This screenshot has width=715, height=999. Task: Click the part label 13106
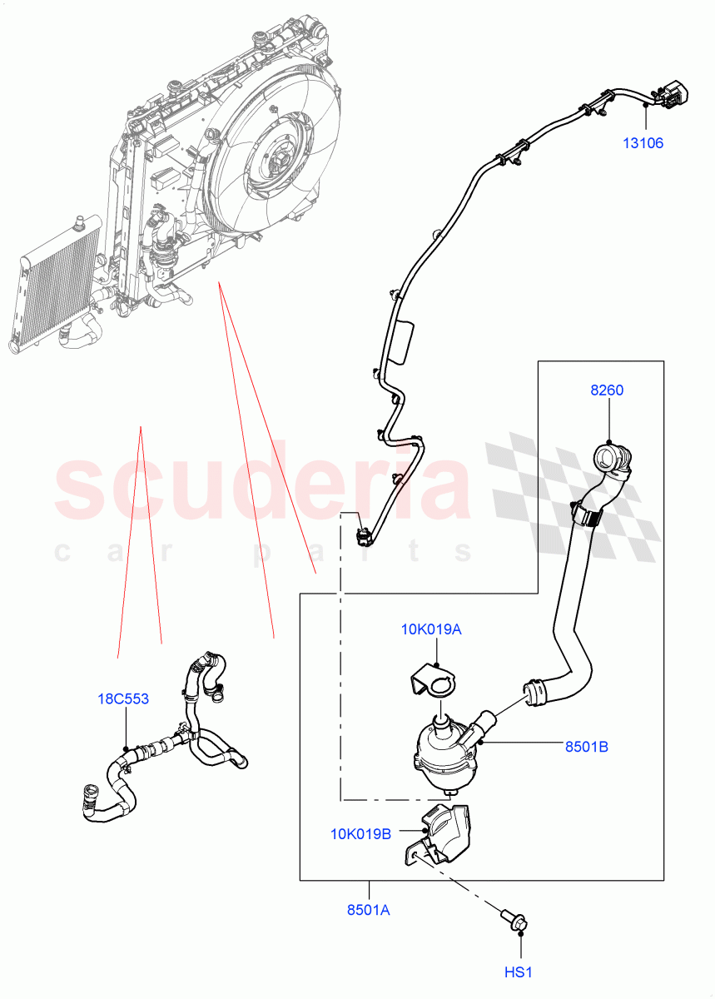click(643, 143)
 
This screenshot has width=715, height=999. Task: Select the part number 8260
click(607, 390)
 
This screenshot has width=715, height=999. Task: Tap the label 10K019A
click(430, 629)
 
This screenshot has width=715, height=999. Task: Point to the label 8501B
click(586, 747)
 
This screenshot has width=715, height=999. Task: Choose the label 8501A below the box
click(369, 910)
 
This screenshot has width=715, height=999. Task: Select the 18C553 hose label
click(123, 698)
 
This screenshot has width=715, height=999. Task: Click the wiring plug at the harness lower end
click(362, 534)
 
